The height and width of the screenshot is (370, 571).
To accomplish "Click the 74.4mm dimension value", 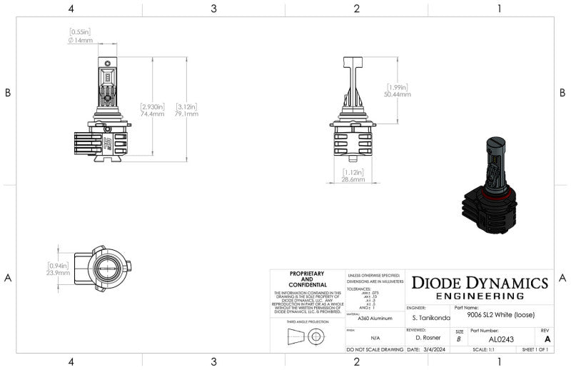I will [x=152, y=114].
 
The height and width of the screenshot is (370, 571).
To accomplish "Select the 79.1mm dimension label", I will [x=187, y=114].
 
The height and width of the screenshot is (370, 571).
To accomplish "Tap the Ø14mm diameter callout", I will [x=81, y=40].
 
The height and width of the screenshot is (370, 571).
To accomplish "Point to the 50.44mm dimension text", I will [x=398, y=94].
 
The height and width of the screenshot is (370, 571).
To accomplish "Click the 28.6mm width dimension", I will [x=353, y=180].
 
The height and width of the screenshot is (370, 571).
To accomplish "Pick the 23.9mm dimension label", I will [x=58, y=273].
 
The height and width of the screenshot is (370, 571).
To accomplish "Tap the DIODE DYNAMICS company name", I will [x=480, y=283].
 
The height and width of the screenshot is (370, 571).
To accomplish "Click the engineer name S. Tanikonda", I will [x=431, y=316].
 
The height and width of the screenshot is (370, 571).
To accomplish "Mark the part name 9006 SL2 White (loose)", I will [x=500, y=314].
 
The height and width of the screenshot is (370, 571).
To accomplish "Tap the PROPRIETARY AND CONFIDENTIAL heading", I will [x=307, y=279].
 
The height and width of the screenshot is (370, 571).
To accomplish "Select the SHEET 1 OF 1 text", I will [x=535, y=350].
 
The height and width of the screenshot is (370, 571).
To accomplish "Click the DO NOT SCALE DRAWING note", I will [x=375, y=350].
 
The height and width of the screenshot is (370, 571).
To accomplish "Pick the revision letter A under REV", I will [x=547, y=339].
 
